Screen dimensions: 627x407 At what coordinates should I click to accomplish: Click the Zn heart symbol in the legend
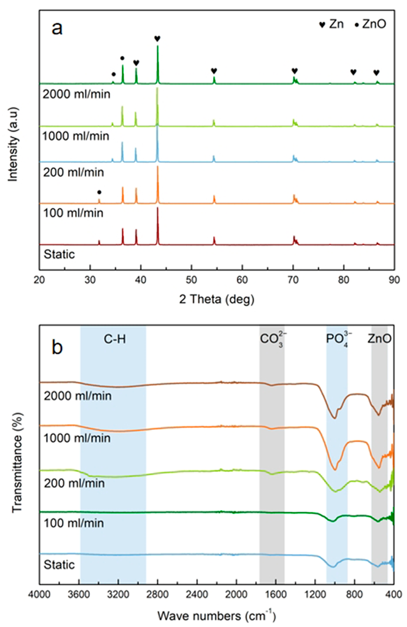(322, 25)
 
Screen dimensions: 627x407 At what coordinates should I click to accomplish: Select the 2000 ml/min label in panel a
(76, 94)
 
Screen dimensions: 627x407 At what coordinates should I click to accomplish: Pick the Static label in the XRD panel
(59, 254)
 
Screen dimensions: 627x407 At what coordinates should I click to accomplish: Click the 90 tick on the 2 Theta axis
(394, 280)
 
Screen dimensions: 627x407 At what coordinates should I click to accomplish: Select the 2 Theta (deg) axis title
(216, 300)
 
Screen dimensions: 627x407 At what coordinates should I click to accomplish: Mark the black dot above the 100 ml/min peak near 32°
(99, 192)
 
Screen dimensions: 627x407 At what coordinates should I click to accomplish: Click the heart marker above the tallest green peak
(157, 39)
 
